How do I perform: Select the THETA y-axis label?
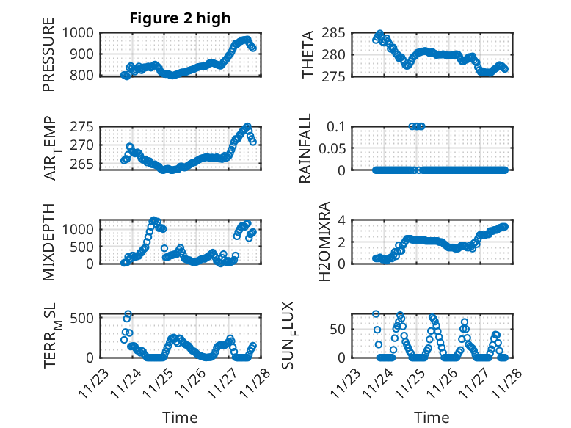(309, 54)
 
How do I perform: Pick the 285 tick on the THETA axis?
(332, 33)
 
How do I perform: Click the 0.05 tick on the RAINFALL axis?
(328, 148)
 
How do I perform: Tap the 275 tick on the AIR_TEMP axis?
(82, 127)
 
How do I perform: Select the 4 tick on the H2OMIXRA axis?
(341, 220)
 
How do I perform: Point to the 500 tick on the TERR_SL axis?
(82, 317)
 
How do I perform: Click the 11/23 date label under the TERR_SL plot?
(94, 382)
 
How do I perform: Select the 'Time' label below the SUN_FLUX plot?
(432, 417)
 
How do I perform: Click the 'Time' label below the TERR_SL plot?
(180, 417)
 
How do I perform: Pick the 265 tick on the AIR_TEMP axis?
(82, 164)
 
